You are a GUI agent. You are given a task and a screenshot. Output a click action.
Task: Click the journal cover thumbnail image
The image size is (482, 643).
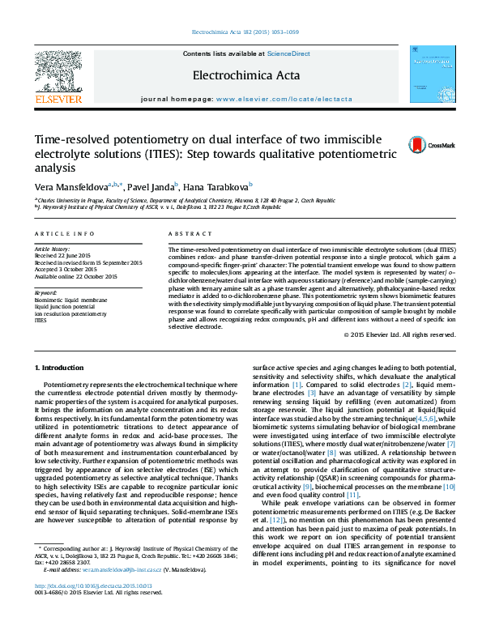430,73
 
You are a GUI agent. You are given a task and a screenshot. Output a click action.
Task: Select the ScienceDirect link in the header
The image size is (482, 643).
289,53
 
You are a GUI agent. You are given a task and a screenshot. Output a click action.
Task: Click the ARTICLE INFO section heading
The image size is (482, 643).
64,233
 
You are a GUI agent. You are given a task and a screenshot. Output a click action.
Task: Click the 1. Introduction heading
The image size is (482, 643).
62,368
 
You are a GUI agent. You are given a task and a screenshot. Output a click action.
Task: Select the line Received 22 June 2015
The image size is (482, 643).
62,255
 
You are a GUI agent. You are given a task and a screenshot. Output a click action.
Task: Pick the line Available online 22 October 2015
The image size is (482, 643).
75,276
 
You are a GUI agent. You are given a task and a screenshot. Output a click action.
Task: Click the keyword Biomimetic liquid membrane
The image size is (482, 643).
70,300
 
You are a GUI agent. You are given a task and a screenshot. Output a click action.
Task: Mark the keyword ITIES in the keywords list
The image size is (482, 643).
41,320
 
